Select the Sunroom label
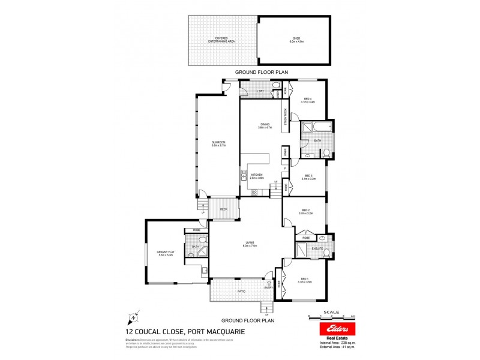tap(218, 144)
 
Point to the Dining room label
tap(265, 125)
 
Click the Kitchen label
tap(257, 175)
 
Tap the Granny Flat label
tap(165, 254)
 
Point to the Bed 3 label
tap(308, 176)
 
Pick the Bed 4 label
tap(308, 100)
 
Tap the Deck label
tap(224, 209)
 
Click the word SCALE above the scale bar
tap(331, 312)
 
